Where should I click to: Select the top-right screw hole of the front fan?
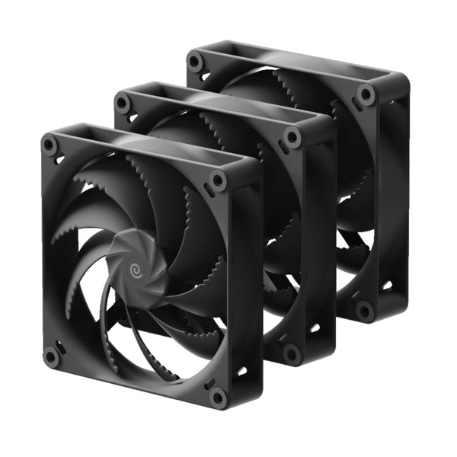click(219, 181)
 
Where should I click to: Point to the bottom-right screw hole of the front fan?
click(218, 396)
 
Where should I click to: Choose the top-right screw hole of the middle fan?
click(290, 136)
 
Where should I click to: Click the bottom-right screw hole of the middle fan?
click(289, 352)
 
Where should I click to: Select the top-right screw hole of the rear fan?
click(366, 94)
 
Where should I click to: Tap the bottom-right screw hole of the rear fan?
click(366, 308)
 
